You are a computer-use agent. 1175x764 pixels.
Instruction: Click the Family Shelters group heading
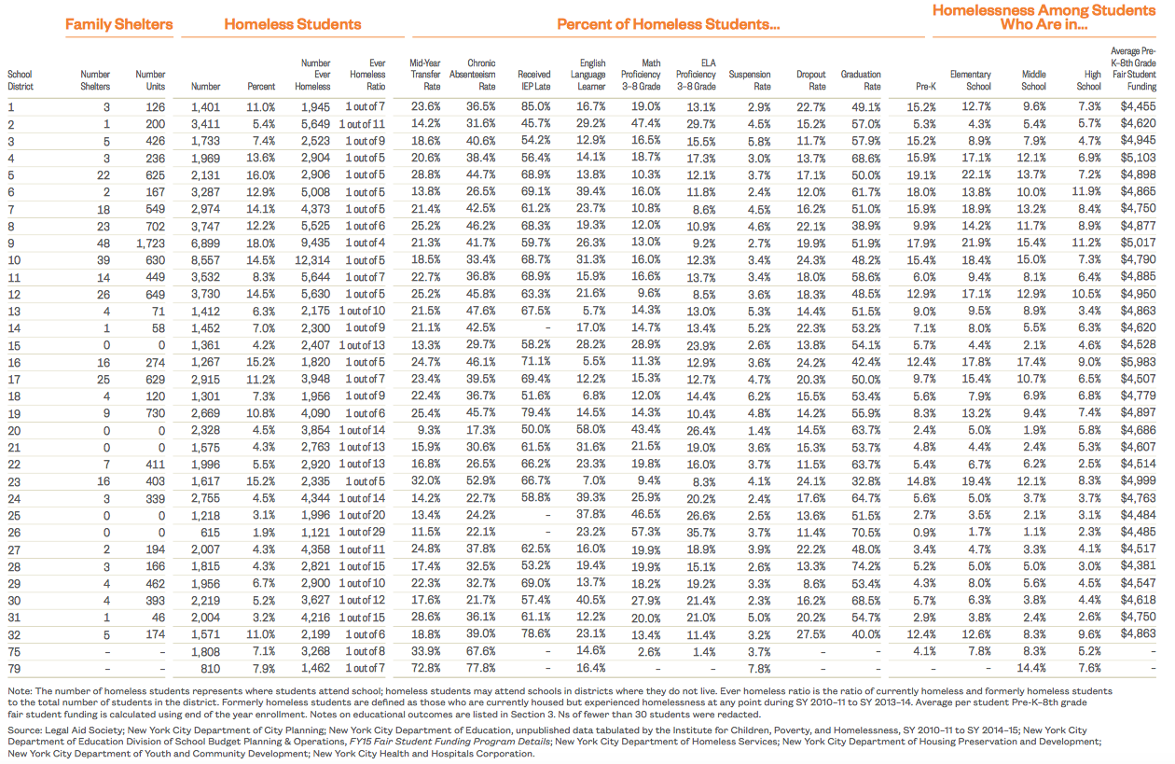point(118,25)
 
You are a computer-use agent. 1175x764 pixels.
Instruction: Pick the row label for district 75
point(12,650)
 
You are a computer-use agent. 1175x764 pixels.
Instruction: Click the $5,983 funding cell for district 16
point(1137,361)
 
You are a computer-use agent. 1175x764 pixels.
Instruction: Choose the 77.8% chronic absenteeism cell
point(480,667)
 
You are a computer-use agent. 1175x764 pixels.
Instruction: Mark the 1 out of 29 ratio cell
point(362,531)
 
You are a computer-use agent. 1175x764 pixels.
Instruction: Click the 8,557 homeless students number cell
point(205,259)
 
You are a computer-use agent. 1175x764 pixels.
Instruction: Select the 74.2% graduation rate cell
point(866,565)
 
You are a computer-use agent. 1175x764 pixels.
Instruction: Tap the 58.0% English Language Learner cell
point(590,429)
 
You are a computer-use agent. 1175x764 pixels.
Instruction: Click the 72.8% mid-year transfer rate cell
point(425,667)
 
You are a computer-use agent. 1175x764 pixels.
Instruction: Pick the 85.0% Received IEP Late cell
point(534,106)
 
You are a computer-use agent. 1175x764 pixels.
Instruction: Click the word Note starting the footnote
point(18,690)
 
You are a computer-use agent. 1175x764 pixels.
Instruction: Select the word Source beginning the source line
point(23,729)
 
